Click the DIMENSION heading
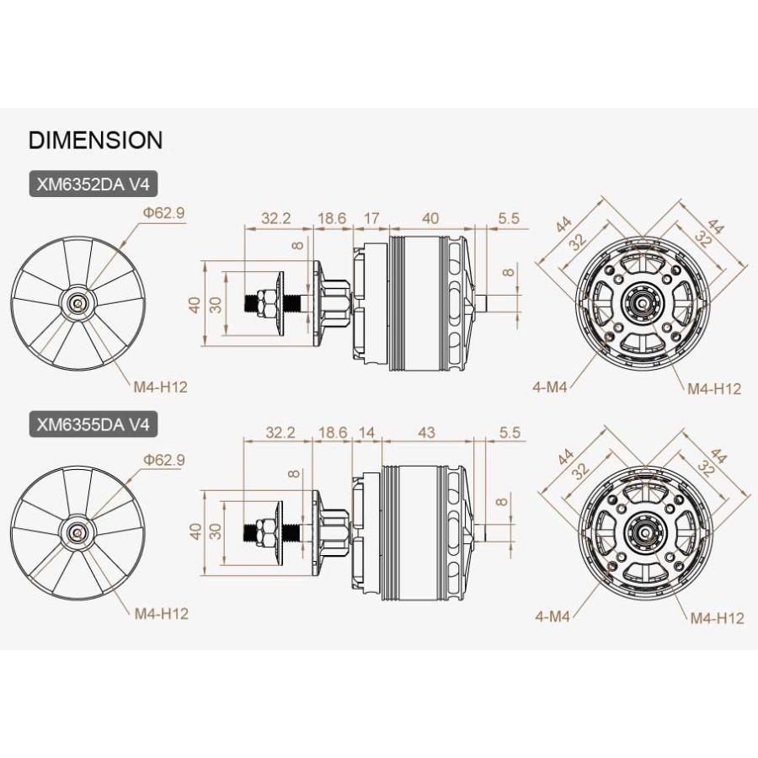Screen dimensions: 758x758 tap(96, 140)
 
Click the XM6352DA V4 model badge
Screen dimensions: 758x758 tap(93, 184)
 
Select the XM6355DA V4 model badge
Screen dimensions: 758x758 tap(93, 424)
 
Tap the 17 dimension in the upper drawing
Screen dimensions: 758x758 tap(371, 218)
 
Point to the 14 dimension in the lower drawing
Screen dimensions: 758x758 tap(366, 432)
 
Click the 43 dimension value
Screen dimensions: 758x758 tap(426, 432)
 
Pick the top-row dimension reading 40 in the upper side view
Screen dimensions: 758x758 tap(430, 218)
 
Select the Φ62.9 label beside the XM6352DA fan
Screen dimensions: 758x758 tap(163, 213)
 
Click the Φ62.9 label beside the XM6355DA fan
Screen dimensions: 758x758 tap(163, 460)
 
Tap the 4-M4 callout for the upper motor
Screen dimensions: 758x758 tap(549, 387)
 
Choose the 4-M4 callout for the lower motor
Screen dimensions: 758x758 tap(552, 616)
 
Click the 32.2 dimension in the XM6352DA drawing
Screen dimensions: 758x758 tap(276, 218)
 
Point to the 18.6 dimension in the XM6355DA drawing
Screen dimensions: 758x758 tap(333, 432)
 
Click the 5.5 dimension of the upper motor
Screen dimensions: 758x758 tap(509, 218)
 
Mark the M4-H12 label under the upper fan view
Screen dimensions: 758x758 tap(160, 387)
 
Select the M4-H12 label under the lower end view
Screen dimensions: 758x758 tap(717, 618)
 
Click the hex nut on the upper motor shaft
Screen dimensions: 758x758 tap(266, 303)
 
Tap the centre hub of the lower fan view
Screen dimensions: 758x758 tap(77, 533)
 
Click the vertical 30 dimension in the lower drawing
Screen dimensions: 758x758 tap(216, 531)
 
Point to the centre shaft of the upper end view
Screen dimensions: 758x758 tap(642, 302)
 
